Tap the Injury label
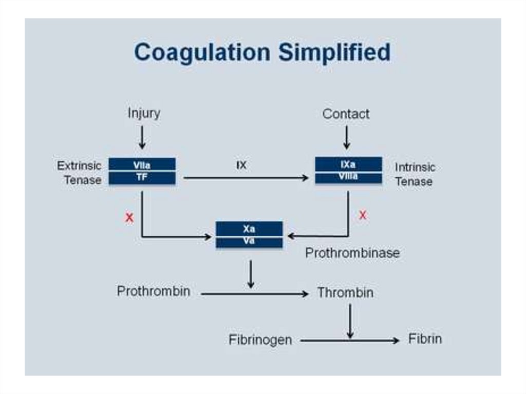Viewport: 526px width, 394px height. tap(144, 113)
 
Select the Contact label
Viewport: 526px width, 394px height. tap(346, 114)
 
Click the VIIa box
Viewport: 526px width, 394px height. tap(142, 165)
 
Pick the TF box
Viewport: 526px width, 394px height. tap(142, 178)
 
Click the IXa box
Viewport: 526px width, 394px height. tap(348, 164)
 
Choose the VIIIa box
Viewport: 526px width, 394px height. tap(348, 177)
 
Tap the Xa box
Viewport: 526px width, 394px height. tap(249, 229)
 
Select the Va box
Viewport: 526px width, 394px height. tap(249, 241)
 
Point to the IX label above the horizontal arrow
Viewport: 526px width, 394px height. tap(241, 166)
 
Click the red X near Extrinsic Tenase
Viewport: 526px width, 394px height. tap(129, 218)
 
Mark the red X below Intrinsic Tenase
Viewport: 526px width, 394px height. tap(363, 216)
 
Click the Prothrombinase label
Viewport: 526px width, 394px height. tap(352, 253)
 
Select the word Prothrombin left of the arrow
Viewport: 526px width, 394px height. tap(154, 291)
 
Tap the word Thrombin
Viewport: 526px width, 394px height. tap(345, 293)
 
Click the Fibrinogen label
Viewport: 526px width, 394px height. tap(260, 340)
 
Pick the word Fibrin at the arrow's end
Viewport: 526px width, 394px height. tap(425, 339)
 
